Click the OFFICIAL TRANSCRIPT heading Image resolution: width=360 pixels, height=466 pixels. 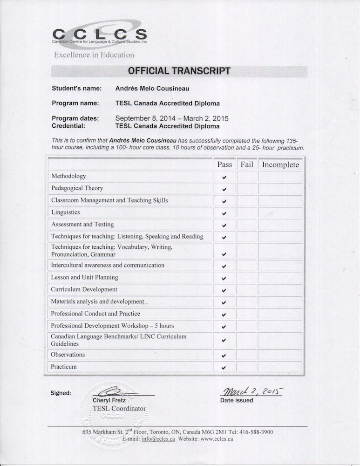coord(179,71)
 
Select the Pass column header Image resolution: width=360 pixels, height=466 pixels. coord(224,164)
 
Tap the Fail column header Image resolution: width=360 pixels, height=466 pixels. coord(247,164)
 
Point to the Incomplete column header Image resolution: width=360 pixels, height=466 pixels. coord(280,164)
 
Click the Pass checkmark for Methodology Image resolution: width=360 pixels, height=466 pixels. coord(224,178)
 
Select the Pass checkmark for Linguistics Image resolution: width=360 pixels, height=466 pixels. coord(224,213)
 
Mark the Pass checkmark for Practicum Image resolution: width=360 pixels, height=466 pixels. coord(224,368)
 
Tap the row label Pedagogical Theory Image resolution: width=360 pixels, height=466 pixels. coord(77,188)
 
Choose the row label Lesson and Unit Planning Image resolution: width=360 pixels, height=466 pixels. coord(85,277)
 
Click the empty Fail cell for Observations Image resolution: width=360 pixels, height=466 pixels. coord(247,355)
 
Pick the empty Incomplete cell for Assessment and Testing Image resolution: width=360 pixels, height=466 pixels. coord(280,225)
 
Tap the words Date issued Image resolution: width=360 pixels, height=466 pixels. coord(237,400)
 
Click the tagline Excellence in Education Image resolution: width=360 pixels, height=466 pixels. coord(94,55)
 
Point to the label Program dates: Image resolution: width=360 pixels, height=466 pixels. coord(75,118)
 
